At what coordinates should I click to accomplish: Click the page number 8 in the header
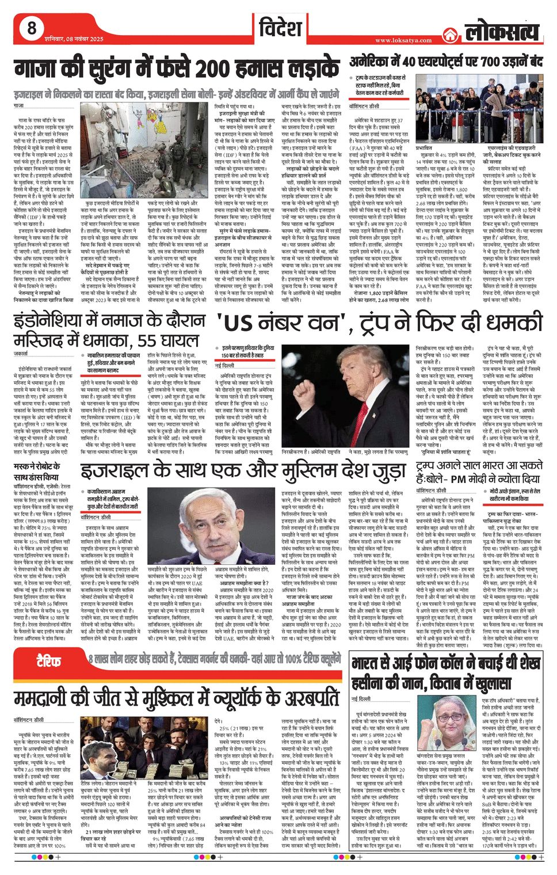[x=32, y=28]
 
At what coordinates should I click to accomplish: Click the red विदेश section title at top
[x=280, y=28]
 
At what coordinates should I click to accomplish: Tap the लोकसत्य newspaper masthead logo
[x=502, y=32]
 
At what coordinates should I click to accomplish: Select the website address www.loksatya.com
[x=403, y=40]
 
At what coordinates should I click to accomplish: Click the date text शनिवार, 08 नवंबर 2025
[x=74, y=39]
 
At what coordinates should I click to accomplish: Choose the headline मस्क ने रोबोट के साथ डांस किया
[x=38, y=472]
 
